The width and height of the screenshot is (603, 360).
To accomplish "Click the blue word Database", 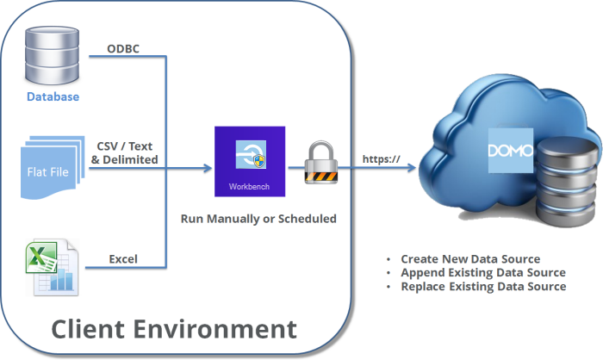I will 52,96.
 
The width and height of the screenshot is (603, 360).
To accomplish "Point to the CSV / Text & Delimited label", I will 124,152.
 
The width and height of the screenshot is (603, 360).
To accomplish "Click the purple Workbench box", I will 250,163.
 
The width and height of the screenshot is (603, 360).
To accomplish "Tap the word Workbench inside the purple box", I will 250,186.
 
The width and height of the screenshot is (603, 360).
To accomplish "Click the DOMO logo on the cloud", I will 510,150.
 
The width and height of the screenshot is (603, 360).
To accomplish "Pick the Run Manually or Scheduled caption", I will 258,219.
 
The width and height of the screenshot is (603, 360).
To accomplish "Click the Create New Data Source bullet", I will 469,259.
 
